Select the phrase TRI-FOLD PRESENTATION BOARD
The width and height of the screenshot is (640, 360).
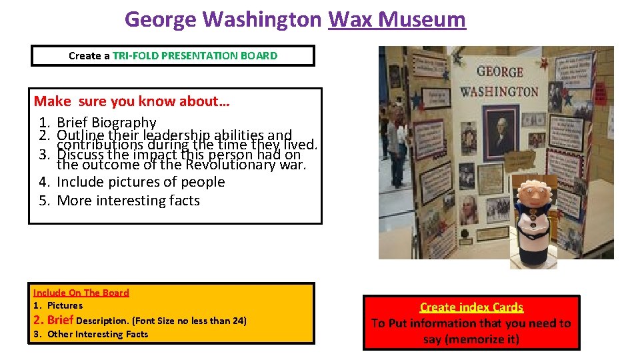(195, 55)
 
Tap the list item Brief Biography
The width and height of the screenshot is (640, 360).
(107, 123)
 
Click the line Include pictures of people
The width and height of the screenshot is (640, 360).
(141, 181)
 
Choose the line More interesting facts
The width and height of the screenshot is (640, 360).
(128, 200)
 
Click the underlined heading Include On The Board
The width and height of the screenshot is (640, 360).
(81, 293)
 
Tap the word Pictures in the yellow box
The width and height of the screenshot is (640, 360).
(65, 305)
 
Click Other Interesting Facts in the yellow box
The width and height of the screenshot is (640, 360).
(98, 334)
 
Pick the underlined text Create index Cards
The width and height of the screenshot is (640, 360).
(471, 307)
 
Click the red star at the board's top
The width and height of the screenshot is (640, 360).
(543, 63)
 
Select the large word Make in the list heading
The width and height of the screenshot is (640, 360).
(52, 101)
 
